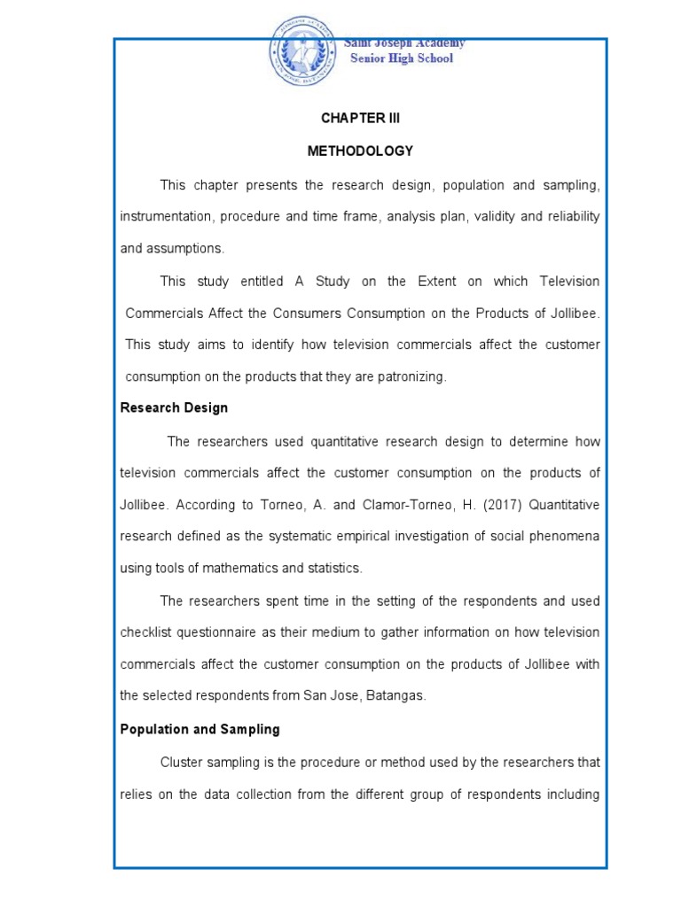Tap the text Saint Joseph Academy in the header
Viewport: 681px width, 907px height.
tap(404, 43)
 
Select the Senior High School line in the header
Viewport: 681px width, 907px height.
tap(401, 58)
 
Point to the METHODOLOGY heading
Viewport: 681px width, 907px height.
tap(360, 151)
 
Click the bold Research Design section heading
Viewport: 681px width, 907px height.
tap(174, 408)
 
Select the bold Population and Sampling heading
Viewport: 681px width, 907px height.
tap(200, 729)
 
